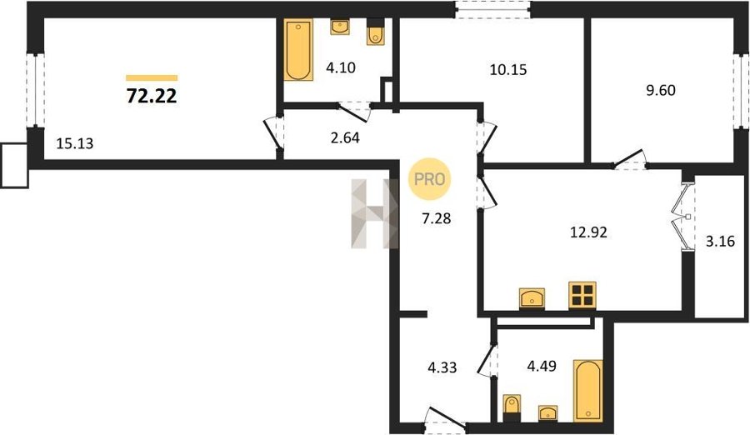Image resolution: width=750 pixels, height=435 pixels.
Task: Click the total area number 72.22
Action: point(152,96)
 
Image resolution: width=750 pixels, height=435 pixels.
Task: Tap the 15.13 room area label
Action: point(75,143)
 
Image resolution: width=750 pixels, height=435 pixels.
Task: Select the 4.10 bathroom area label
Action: point(341,67)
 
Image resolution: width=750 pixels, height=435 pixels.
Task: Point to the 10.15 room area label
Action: point(508,70)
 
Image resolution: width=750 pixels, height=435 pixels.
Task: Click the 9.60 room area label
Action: point(661,90)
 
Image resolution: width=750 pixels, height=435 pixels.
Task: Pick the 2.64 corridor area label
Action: point(345,137)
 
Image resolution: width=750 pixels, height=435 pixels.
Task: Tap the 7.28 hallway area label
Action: point(437,218)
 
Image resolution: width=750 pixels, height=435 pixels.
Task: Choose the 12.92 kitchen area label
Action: point(589,232)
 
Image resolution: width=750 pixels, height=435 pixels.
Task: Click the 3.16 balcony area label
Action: point(720,241)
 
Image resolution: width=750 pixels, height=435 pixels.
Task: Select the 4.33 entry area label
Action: point(442,367)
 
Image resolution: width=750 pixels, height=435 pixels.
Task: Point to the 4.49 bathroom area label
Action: point(542,366)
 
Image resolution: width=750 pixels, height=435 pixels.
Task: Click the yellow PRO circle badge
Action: point(429,179)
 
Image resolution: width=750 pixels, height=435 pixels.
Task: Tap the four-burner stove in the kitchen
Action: point(582,294)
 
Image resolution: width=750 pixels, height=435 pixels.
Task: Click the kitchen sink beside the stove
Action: point(532,298)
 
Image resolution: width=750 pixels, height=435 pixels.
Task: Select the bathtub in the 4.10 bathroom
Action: point(298,50)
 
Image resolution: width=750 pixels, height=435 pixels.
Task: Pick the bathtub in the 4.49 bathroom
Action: point(587,391)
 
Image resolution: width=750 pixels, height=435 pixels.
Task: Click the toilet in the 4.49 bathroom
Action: point(512,408)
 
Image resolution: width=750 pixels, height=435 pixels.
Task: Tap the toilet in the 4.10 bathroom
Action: point(376,32)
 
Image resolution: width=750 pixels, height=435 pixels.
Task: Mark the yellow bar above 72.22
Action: point(152,78)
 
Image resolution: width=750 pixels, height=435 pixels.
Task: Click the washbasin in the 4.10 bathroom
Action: point(340,27)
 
